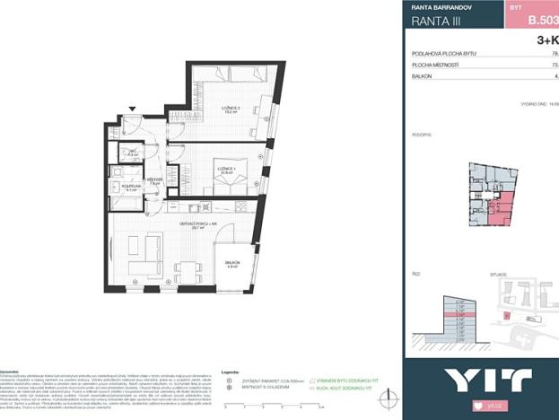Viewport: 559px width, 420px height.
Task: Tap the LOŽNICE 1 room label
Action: [225, 168]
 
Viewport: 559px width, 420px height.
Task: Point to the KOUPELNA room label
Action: [132, 187]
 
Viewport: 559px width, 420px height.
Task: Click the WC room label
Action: [132, 153]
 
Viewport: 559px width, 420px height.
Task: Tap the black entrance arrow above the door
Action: [133, 109]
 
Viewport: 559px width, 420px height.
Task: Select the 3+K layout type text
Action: [546, 40]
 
